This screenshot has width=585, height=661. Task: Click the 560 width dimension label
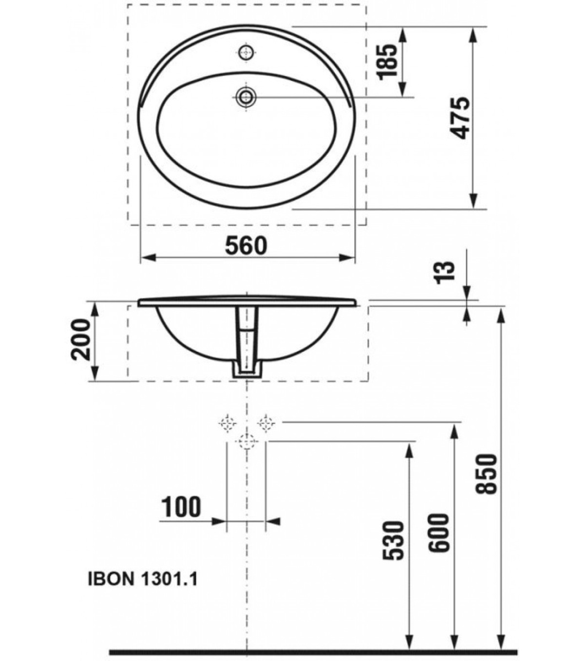point(246,246)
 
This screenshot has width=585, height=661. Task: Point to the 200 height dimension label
point(81,340)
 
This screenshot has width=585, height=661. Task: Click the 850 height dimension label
point(488,474)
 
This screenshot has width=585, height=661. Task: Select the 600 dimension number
point(441,533)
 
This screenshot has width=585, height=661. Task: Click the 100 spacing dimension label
point(181,507)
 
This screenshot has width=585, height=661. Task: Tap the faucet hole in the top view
point(246,53)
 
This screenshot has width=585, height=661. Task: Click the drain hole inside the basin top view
point(246,97)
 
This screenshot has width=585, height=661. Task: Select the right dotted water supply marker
point(266,423)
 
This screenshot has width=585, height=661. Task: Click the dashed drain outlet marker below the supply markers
point(246,441)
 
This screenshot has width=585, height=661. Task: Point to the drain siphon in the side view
point(246,344)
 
